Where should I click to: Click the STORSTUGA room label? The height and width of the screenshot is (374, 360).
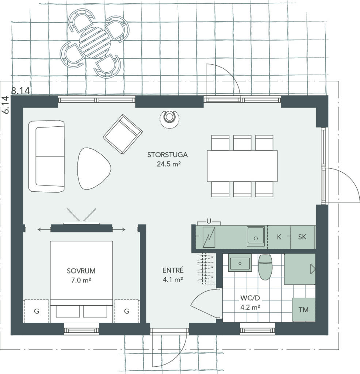pos(167,155)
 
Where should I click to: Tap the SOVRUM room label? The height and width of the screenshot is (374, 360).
pos(81,271)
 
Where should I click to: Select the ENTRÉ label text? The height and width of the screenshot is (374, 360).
pos(173,270)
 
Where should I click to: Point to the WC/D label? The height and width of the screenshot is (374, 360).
pos(250,298)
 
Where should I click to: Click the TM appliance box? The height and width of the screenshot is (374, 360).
pos(303,310)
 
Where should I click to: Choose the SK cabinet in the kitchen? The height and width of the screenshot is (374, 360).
pos(302,237)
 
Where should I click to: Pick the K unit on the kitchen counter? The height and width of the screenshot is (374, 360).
pos(279,237)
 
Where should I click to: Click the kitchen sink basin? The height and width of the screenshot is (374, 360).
pos(256,236)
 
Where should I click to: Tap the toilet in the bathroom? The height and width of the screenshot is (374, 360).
pos(265,267)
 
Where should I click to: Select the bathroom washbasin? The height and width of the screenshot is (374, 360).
pos(240,263)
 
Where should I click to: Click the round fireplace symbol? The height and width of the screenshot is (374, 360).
pos(169,118)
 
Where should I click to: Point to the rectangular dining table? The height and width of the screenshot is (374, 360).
pos(242,166)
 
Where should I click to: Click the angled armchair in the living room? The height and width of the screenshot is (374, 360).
pos(123,134)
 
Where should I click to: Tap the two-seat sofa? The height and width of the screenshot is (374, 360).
pos(46,156)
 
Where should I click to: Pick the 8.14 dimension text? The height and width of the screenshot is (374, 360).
pos(20,91)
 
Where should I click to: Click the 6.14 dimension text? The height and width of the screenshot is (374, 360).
pos(6,105)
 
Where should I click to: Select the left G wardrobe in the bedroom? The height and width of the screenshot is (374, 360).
pos(37,311)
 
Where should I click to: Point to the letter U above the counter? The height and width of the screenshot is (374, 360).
pos(209,221)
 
